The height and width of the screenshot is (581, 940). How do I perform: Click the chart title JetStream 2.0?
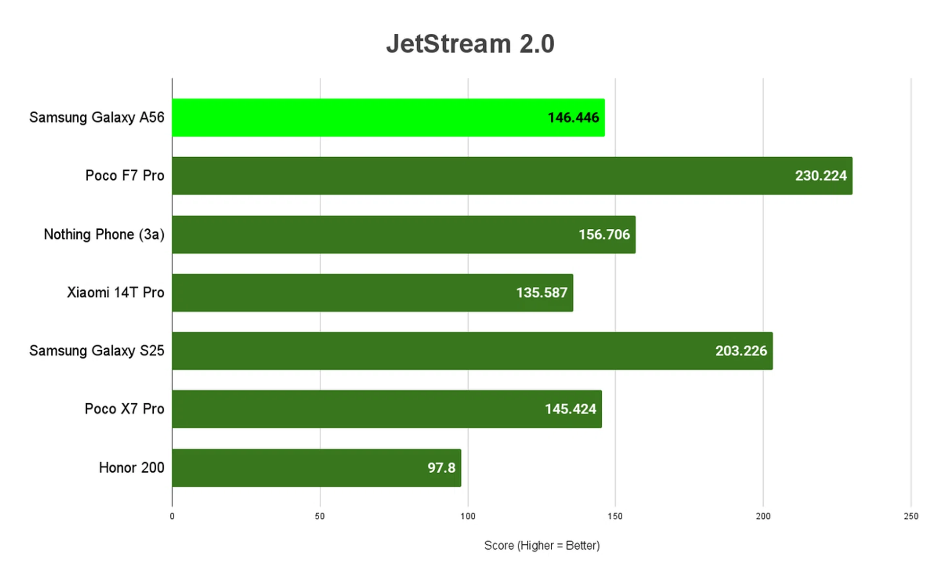pos(470,44)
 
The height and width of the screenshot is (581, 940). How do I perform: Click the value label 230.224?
pos(821,176)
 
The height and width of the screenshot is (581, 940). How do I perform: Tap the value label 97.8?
pos(441,468)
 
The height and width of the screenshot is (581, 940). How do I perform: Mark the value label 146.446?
pos(573,118)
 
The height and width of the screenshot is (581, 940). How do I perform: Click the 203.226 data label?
pos(741,351)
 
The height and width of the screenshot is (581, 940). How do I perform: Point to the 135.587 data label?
pos(541,293)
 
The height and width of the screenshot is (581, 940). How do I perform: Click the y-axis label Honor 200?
pos(131,468)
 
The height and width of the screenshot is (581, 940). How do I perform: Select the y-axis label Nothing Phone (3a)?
pos(104,235)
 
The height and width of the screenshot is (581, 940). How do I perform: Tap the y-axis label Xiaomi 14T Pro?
pos(116,293)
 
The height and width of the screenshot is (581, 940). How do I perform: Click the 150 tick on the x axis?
pos(615,516)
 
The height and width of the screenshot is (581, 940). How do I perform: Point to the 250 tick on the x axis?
pos(911,516)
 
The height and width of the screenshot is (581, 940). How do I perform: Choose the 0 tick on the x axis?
pos(172,516)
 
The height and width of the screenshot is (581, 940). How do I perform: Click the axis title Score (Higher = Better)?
pos(541,546)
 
